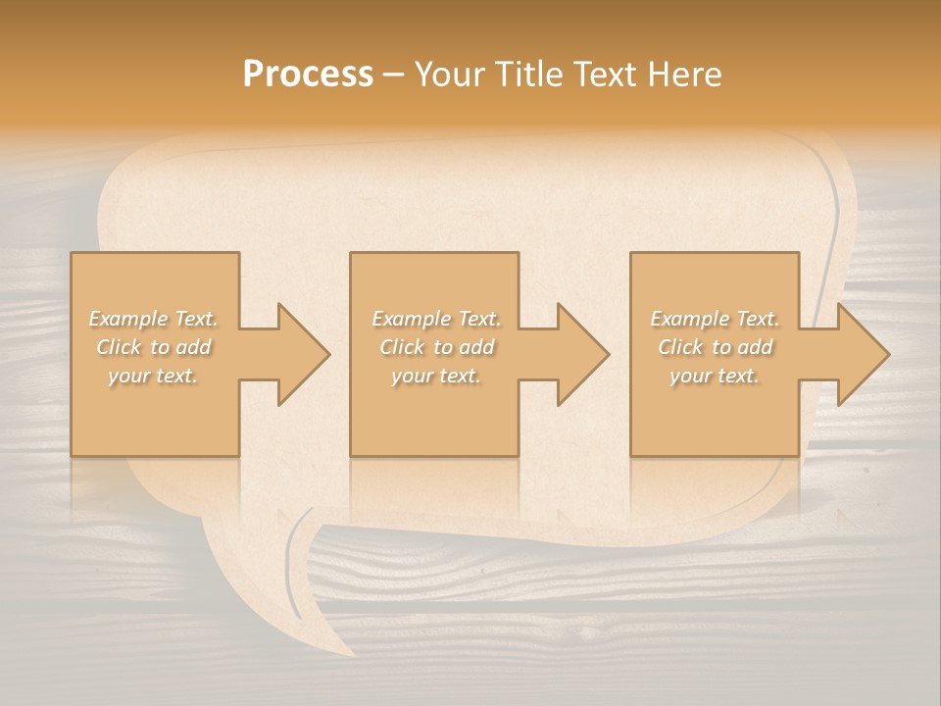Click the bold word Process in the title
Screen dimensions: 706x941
(308, 75)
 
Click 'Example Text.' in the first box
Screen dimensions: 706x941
(154, 319)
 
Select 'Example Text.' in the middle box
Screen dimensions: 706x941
(436, 319)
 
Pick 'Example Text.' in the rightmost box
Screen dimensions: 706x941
(715, 319)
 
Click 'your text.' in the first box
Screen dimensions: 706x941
(153, 376)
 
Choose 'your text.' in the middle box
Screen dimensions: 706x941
(436, 376)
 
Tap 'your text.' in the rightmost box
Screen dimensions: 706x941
(715, 376)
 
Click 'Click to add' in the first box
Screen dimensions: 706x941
(154, 347)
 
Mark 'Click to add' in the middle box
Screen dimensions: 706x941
(436, 347)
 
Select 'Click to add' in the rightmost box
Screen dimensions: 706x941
(715, 347)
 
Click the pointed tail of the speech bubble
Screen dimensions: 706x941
(338, 642)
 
